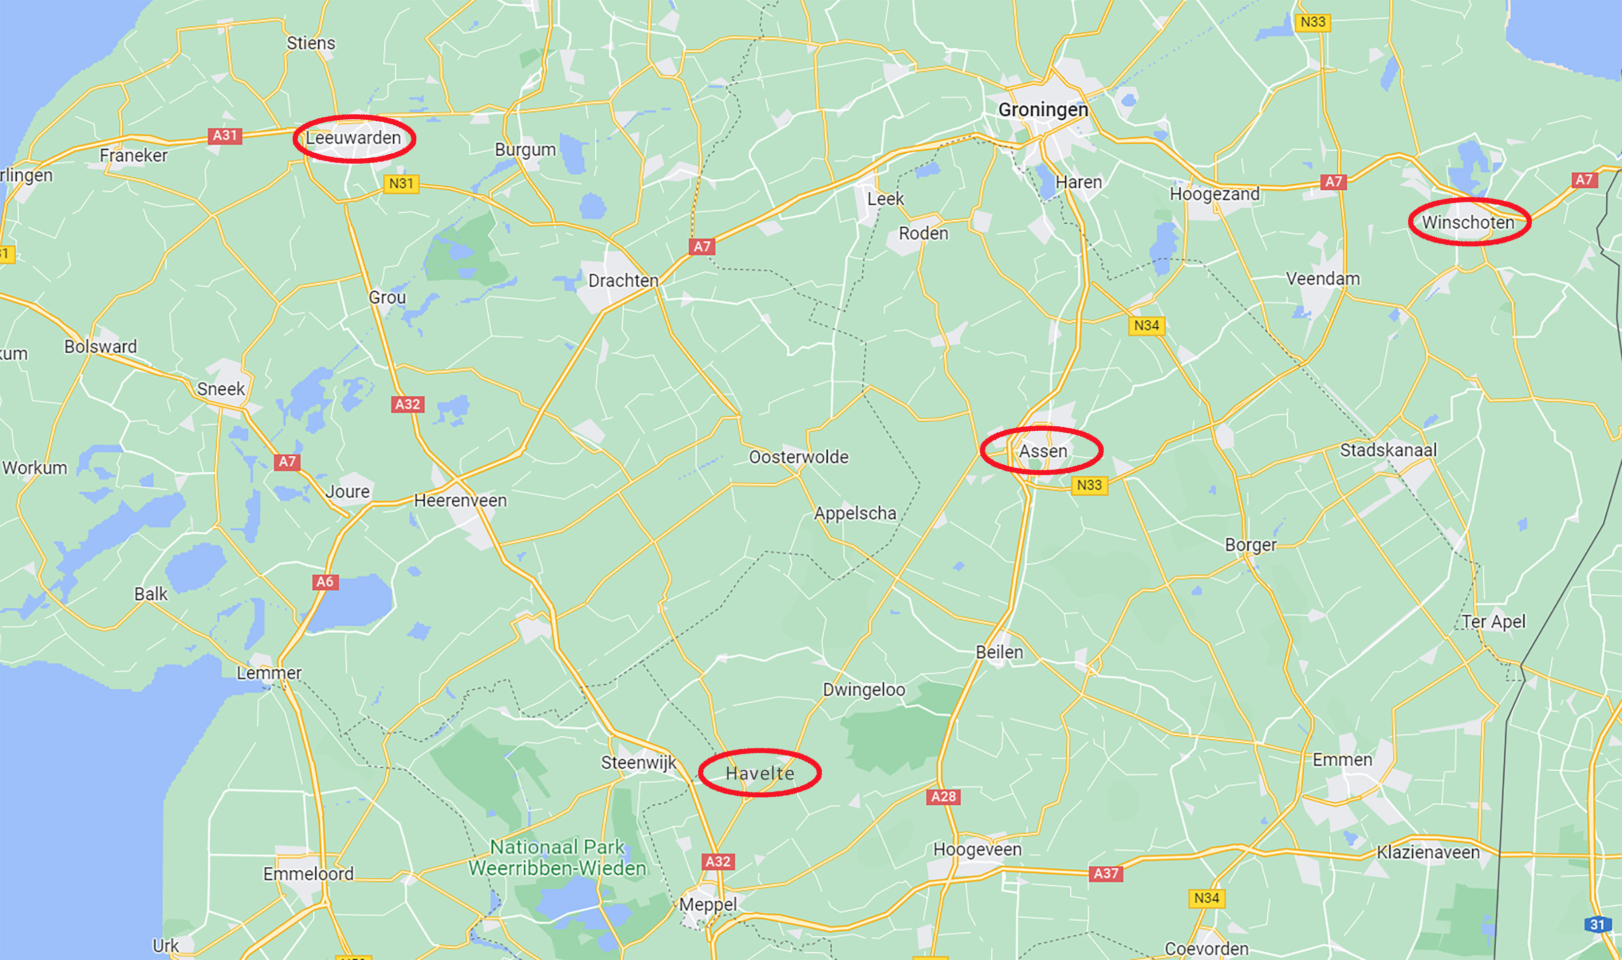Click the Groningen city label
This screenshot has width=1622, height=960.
click(1043, 110)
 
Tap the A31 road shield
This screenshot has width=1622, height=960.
click(224, 135)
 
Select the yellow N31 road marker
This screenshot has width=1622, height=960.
click(401, 184)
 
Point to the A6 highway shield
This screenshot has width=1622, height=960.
click(324, 582)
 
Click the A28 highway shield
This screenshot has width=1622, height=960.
click(943, 796)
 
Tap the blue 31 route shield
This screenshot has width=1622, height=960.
click(1597, 925)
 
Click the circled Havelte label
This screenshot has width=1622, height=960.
click(760, 773)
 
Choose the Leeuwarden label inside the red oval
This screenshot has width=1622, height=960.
click(353, 138)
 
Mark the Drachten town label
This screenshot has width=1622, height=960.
click(623, 281)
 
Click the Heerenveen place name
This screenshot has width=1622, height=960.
click(460, 501)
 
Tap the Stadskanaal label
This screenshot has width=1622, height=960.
click(1388, 450)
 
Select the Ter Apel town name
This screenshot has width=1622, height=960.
click(1493, 621)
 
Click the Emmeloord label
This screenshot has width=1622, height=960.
click(308, 874)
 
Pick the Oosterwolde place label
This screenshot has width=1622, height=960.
click(798, 457)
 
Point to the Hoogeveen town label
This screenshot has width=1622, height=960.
click(977, 850)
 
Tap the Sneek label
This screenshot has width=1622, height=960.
click(221, 389)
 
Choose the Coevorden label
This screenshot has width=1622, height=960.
click(1206, 948)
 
